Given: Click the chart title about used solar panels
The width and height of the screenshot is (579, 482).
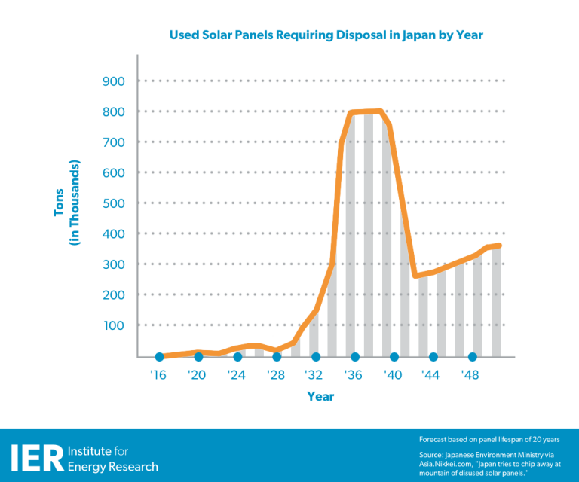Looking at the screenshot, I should tap(326, 35).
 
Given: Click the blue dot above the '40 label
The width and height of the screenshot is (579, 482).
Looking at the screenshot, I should tap(394, 357).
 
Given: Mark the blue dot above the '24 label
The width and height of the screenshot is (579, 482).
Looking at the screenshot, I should tap(237, 357).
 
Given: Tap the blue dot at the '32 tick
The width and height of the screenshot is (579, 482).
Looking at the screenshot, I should tap(316, 357).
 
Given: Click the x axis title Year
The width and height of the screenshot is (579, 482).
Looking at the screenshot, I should tap(320, 397).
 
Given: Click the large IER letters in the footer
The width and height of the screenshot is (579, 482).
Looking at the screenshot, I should tap(35, 458).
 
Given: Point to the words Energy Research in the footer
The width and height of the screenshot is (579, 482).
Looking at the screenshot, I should tap(113, 467).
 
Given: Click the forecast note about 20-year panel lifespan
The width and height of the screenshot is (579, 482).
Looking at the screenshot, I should tap(489, 439).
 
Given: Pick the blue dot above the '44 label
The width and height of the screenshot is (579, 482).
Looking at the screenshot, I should tap(433, 357).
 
